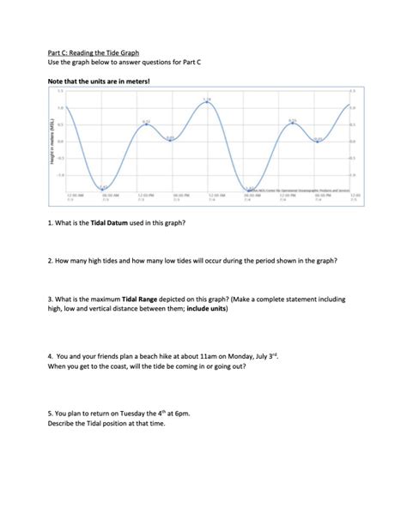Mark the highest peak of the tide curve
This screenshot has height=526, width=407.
click(206, 104)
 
